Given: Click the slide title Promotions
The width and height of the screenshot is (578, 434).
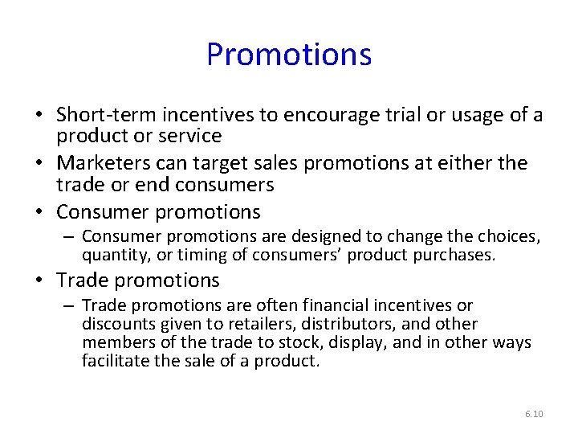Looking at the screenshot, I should (289, 55).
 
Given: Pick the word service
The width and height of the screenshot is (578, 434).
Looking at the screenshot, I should (185, 137).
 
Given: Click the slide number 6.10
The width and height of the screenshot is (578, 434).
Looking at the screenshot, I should (534, 414).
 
